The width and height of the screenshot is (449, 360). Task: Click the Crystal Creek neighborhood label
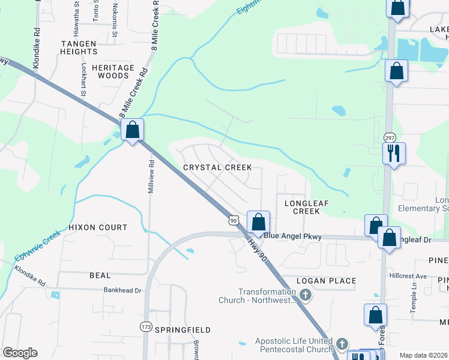coord(217,167)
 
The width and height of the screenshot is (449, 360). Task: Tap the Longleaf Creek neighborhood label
coord(306,207)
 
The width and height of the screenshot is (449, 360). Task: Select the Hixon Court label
coord(98,227)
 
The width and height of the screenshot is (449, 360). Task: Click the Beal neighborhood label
coord(100,275)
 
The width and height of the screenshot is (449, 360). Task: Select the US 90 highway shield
coord(234,221)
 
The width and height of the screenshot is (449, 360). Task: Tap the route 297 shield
coord(390,138)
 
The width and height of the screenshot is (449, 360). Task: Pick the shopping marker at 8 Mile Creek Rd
coord(132,129)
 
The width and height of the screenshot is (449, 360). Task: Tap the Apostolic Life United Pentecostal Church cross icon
coord(342,344)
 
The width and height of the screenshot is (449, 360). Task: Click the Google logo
coord(20,353)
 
